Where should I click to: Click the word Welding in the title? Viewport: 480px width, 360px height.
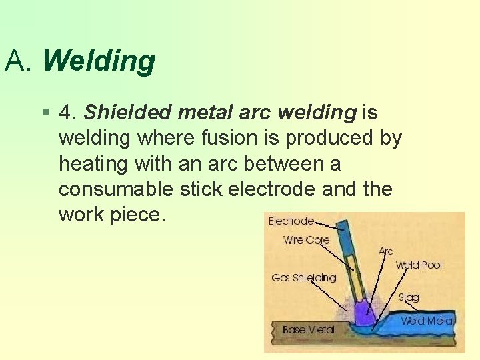[99, 61]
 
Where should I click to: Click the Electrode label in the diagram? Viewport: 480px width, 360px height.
[291, 221]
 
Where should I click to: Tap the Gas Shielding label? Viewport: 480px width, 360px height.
[303, 277]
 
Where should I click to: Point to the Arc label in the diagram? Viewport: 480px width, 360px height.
[385, 251]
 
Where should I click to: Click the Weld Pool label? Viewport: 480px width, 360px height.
[418, 265]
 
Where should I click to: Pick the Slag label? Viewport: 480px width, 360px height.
[408, 297]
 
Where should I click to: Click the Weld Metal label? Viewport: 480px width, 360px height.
[427, 321]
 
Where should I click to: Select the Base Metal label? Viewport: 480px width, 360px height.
[308, 329]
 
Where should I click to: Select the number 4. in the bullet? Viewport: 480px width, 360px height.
[67, 113]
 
